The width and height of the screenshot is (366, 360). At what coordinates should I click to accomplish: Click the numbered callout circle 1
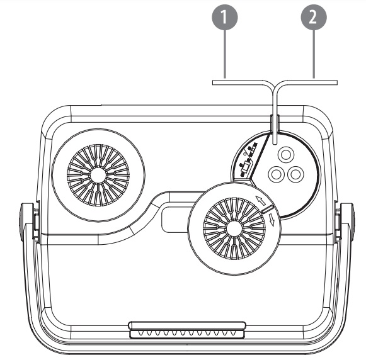click(224, 18)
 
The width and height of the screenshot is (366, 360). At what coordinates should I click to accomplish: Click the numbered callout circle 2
click(314, 18)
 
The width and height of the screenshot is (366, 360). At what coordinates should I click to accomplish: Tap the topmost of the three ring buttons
click(286, 155)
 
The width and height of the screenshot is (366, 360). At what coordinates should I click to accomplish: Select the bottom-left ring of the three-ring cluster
click(277, 174)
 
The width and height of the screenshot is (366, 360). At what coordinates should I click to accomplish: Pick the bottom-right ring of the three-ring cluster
click(295, 174)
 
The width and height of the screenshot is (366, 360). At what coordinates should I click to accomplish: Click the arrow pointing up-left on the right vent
click(261, 200)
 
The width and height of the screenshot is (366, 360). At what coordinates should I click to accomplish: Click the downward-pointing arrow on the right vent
click(272, 220)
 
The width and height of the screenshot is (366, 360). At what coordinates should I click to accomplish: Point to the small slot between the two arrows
click(268, 209)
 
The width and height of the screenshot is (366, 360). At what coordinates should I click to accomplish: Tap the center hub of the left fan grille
click(98, 175)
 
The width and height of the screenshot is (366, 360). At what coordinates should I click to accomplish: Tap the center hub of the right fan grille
click(234, 228)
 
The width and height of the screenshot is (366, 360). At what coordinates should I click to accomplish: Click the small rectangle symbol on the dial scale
click(246, 167)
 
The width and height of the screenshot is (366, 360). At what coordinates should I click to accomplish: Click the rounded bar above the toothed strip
click(187, 325)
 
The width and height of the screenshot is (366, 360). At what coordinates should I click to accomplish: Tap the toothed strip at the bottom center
click(187, 334)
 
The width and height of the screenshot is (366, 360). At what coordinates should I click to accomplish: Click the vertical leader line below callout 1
click(225, 54)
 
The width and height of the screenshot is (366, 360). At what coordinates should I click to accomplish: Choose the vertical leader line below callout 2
click(314, 54)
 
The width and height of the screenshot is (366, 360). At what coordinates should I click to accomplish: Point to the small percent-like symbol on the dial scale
click(246, 153)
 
